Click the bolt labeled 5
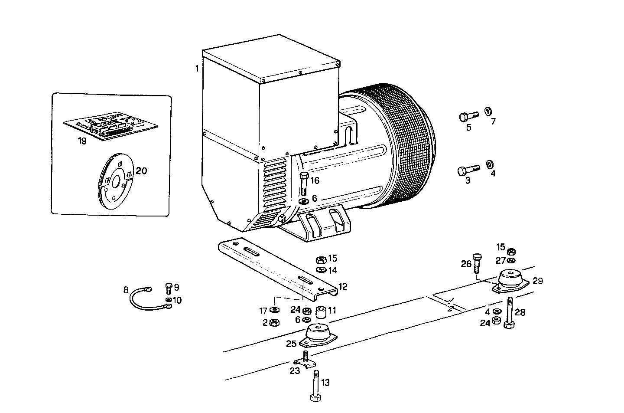(467, 116)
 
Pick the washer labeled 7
(487, 111)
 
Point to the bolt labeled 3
(467, 170)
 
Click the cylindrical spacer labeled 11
(321, 312)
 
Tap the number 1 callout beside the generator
(197, 69)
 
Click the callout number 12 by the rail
(343, 287)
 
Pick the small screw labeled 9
(169, 288)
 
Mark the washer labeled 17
(274, 310)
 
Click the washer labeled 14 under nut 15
(322, 270)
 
